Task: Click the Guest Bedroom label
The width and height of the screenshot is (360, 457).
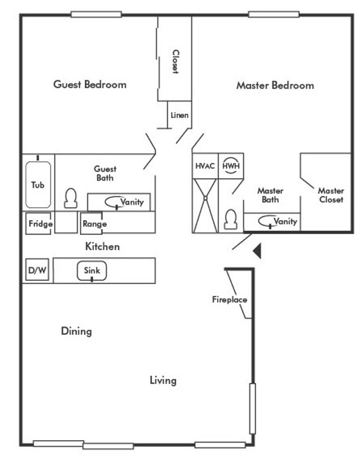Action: pos(90,84)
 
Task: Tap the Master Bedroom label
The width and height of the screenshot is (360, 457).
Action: pos(275,85)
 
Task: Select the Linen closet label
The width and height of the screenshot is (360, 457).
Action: pos(180,115)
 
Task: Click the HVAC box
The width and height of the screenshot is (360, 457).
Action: pos(205,165)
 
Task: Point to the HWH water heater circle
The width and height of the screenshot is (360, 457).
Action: pos(231,165)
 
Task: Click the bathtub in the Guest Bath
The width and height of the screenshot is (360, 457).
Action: pos(38,185)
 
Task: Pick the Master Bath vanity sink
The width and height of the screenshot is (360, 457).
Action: pos(268,221)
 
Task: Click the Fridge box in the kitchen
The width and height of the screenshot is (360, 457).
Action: pos(40,224)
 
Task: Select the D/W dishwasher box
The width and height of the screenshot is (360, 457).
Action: pos(37,270)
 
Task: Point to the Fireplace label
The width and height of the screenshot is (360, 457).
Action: pos(229,300)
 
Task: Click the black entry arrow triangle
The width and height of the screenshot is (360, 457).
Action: pos(258,251)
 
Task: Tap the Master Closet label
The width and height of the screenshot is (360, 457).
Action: pos(331,195)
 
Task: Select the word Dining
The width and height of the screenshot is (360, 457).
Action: pos(76,331)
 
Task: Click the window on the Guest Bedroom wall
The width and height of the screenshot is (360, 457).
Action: pos(96,14)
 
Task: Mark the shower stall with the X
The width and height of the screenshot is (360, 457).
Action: pos(205,206)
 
